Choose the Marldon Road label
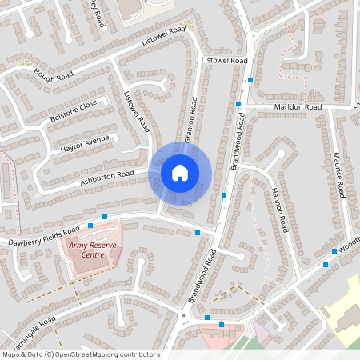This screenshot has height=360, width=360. (298, 106)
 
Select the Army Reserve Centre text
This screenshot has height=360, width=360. (87, 250)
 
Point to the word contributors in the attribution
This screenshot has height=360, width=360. (137, 354)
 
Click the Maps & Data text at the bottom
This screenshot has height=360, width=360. (22, 354)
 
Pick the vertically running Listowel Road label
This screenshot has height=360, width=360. (137, 110)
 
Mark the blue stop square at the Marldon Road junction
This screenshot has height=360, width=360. (238, 104)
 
